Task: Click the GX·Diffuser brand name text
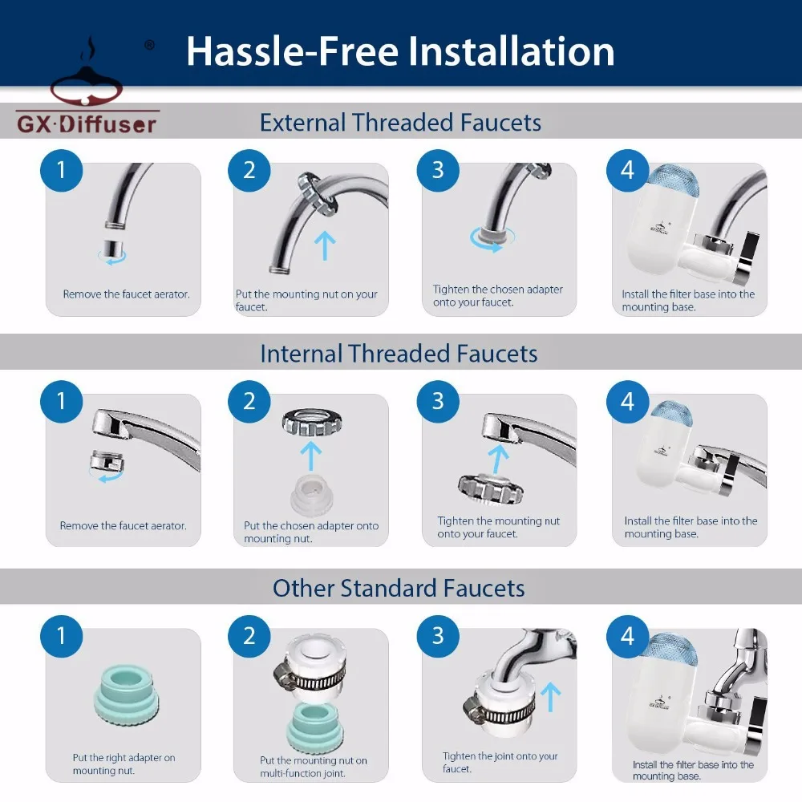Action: point(87,124)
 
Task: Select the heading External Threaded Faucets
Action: point(400,123)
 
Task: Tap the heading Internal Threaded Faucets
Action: point(399,354)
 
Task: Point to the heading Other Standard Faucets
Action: point(399,588)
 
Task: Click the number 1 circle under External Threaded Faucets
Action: point(62,170)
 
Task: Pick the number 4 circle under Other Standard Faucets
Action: point(628,636)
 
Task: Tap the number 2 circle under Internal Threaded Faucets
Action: point(249,402)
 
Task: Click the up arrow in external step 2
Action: point(325,245)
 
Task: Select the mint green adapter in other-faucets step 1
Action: point(127,695)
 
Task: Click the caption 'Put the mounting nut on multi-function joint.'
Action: point(314,767)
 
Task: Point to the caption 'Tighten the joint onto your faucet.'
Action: point(500,762)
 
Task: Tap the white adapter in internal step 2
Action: point(312,494)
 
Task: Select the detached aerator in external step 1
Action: point(111,249)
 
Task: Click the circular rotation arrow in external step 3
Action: point(492,239)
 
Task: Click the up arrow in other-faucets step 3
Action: point(550,697)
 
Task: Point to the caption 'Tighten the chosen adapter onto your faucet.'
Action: point(498,296)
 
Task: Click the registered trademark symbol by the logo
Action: point(149,45)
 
